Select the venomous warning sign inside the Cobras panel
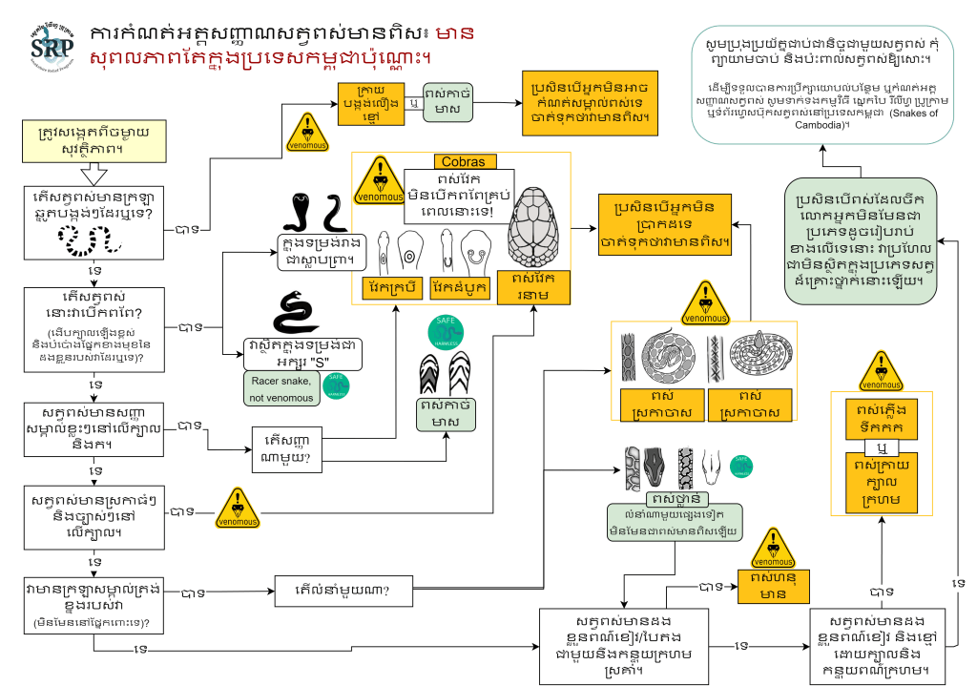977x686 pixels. coord(380,179)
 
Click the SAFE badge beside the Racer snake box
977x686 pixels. coord(336,385)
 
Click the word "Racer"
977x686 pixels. coord(266,378)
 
